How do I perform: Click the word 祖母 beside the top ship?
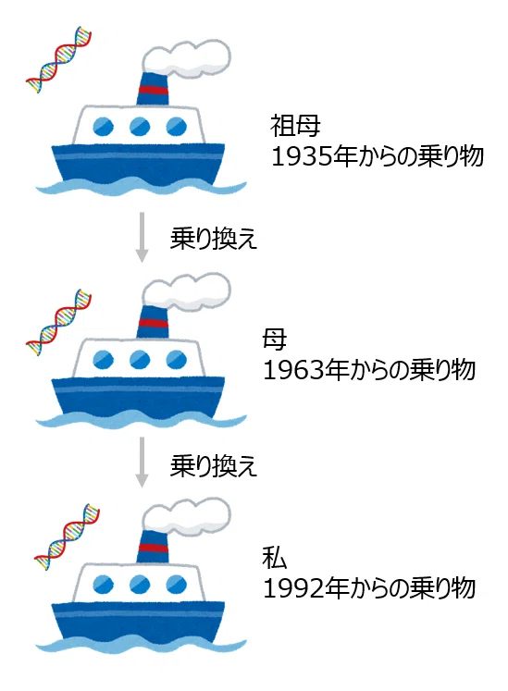(295, 126)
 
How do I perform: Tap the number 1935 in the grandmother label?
(301, 156)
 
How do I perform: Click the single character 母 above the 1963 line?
(274, 339)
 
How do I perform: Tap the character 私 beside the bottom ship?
(274, 558)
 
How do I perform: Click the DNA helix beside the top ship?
(58, 59)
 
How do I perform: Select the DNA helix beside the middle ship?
(58, 322)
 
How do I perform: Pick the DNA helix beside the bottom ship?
(67, 537)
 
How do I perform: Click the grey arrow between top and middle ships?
(142, 237)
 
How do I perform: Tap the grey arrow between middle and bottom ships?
(142, 462)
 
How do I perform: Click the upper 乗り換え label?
(214, 239)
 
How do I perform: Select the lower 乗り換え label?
(214, 466)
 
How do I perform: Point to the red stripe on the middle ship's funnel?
(153, 323)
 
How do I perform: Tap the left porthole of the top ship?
(104, 127)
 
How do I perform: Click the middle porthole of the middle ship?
(140, 359)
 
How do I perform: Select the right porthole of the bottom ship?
(177, 585)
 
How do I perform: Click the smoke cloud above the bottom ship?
(186, 516)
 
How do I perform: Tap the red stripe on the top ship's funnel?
(153, 91)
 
